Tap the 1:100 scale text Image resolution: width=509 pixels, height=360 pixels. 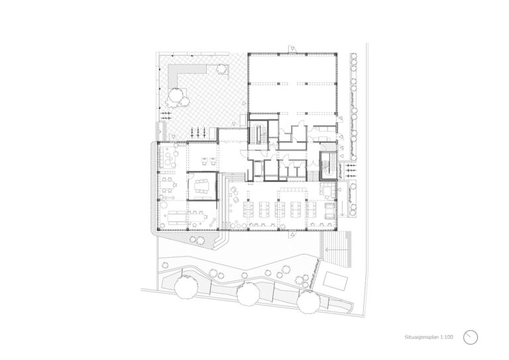[x=447, y=337]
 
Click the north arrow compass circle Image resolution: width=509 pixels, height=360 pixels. [x=471, y=337]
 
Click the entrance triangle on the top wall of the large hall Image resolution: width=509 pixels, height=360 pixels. [x=293, y=49]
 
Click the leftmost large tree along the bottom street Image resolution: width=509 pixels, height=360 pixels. [x=186, y=285]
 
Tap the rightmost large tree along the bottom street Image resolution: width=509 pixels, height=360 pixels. [x=309, y=302]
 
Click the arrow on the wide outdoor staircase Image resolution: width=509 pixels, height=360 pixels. [x=335, y=250]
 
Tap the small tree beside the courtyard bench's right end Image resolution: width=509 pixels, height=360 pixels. [x=221, y=69]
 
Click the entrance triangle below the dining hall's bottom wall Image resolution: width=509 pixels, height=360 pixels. [x=293, y=234]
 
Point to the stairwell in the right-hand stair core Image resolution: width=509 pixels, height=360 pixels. [x=328, y=166]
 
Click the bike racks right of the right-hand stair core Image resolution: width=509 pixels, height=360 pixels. [x=351, y=170]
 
